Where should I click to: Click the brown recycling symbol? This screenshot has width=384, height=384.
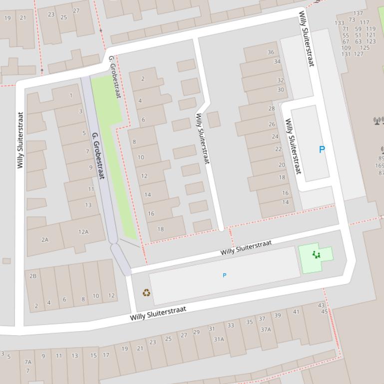pyautogui.click(x=146, y=293)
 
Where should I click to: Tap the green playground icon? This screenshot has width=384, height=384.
pyautogui.click(x=316, y=255)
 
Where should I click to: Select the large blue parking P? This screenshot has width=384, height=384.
pyautogui.click(x=322, y=149)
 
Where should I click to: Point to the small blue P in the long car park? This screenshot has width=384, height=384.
pyautogui.click(x=224, y=275)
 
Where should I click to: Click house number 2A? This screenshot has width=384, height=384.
pyautogui.click(x=45, y=240)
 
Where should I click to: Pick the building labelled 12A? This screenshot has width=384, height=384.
pyautogui.click(x=83, y=232)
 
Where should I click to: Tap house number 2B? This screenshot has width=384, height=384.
pyautogui.click(x=33, y=276)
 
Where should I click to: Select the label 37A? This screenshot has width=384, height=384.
pyautogui.click(x=266, y=329)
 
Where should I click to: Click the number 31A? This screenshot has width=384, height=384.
pyautogui.click(x=219, y=339)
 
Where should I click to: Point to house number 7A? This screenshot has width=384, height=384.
pyautogui.click(x=28, y=362)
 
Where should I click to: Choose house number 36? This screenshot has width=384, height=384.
pyautogui.click(x=271, y=52)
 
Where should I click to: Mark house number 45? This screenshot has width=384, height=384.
pyautogui.click(x=325, y=312)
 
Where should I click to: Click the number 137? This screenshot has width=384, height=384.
pyautogui.click(x=358, y=13)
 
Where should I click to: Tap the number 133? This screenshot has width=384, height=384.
pyautogui.click(x=340, y=23)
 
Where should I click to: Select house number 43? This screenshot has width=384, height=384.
pyautogui.click(x=321, y=305)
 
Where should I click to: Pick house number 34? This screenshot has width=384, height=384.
pyautogui.click(x=277, y=62)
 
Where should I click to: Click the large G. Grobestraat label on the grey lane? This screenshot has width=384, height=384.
pyautogui.click(x=98, y=156)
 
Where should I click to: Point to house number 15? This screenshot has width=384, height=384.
pyautogui.click(x=93, y=356)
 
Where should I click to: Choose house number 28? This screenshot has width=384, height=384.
pyautogui.click(x=272, y=108)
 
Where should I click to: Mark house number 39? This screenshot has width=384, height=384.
pyautogui.click(x=278, y=315)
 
